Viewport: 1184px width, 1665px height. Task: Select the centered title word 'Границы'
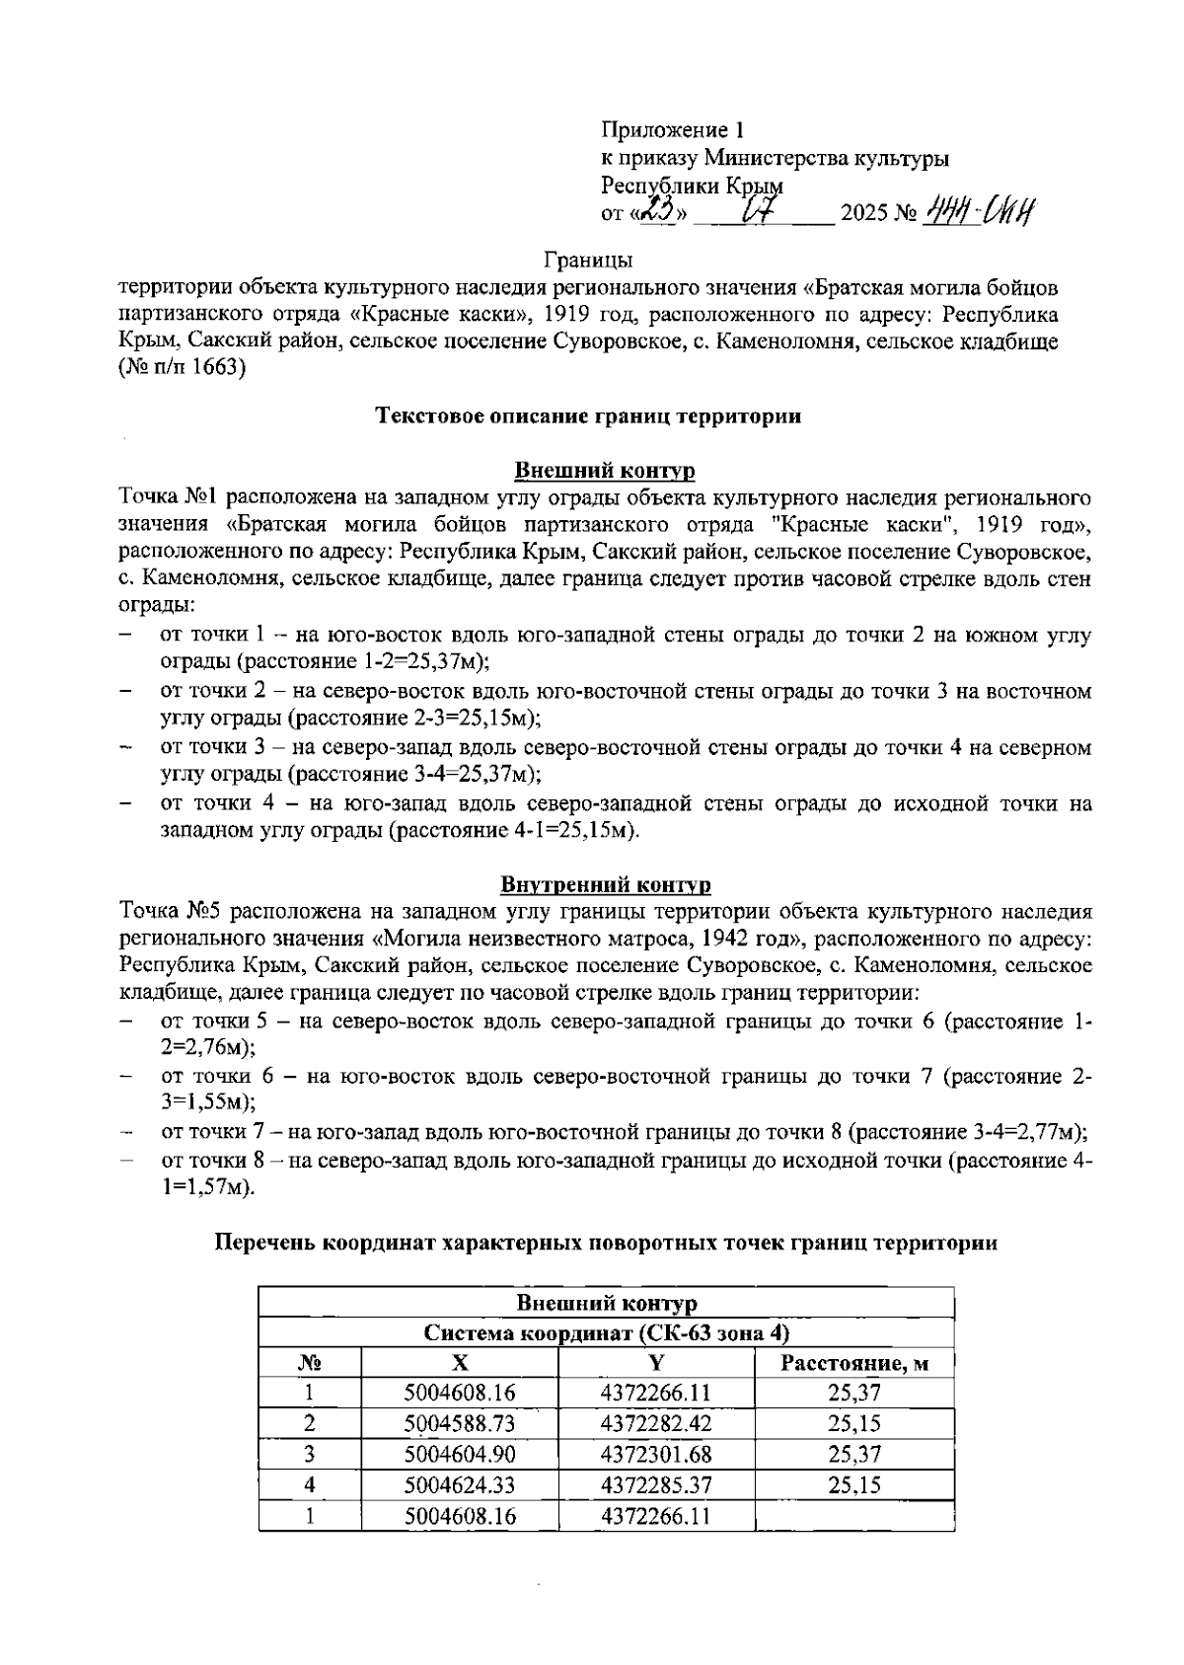coord(588,261)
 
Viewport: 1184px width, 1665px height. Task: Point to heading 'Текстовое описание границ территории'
coord(588,416)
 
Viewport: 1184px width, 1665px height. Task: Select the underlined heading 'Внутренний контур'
coord(606,883)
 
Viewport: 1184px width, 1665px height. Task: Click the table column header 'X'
coord(460,1363)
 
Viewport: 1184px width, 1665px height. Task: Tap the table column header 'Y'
coord(655,1363)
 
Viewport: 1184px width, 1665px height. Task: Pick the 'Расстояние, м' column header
coord(854,1364)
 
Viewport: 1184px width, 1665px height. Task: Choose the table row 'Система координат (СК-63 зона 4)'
coord(606,1333)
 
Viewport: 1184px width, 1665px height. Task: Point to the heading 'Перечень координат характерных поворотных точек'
coord(606,1244)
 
